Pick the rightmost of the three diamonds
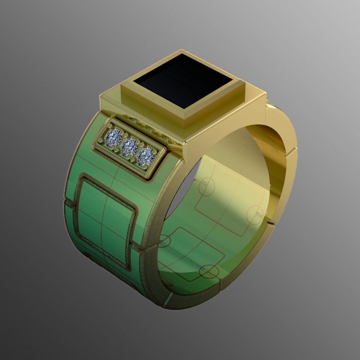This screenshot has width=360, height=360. (145, 156)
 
